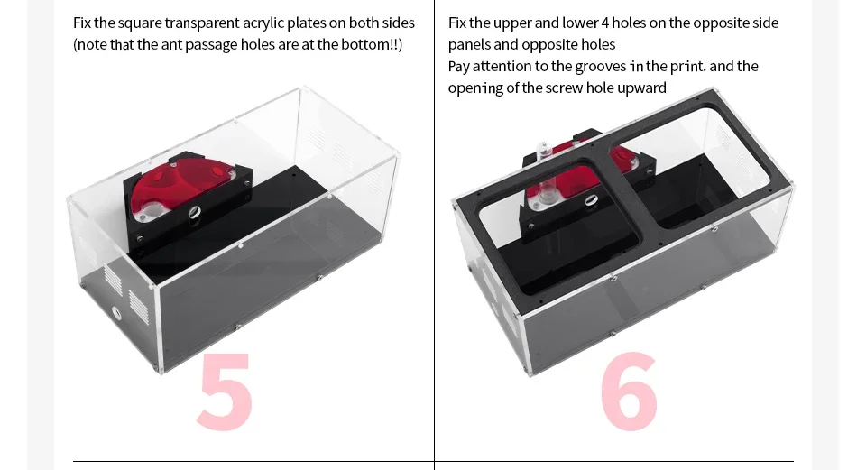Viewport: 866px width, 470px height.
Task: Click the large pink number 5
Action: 225,391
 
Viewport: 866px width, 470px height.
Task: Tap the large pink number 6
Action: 629,391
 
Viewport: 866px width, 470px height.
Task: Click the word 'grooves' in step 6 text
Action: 601,66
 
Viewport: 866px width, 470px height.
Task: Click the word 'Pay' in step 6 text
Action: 458,66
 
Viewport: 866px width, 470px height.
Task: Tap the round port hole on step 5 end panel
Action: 116,314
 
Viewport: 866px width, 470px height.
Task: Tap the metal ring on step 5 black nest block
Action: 194,213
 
